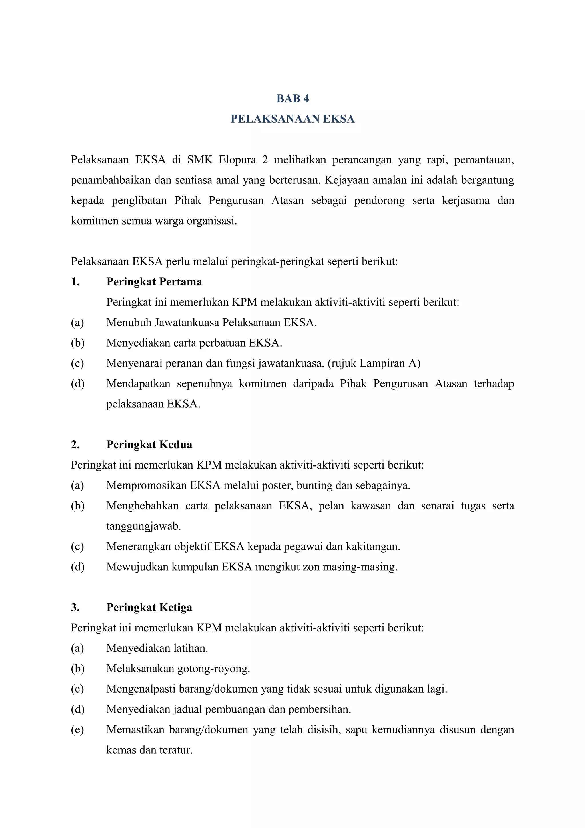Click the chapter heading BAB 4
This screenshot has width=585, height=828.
tap(292, 99)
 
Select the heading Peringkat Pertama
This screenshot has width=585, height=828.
tap(154, 282)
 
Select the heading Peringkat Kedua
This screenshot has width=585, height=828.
tap(149, 445)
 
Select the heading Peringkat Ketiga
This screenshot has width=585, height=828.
tap(149, 608)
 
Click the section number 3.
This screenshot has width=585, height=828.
tap(75, 608)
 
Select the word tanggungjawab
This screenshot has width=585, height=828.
tap(143, 526)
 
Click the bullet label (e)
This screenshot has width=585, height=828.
tap(77, 730)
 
